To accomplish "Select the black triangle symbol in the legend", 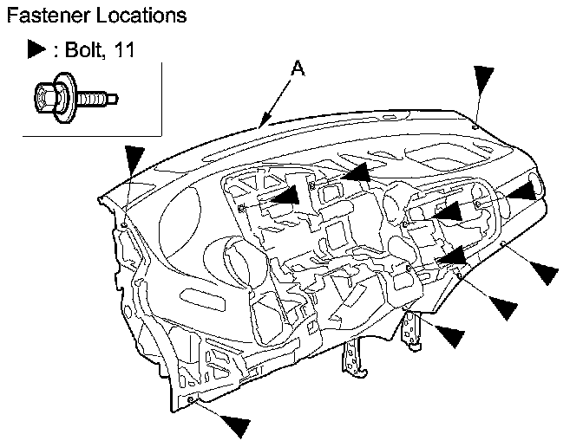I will pos(36,51).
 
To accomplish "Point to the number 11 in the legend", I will pos(124,51).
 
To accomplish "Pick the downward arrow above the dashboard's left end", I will pos(133,161).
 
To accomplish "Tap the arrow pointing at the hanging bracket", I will pos(455,333).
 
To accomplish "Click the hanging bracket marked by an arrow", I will pos(415,328).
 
